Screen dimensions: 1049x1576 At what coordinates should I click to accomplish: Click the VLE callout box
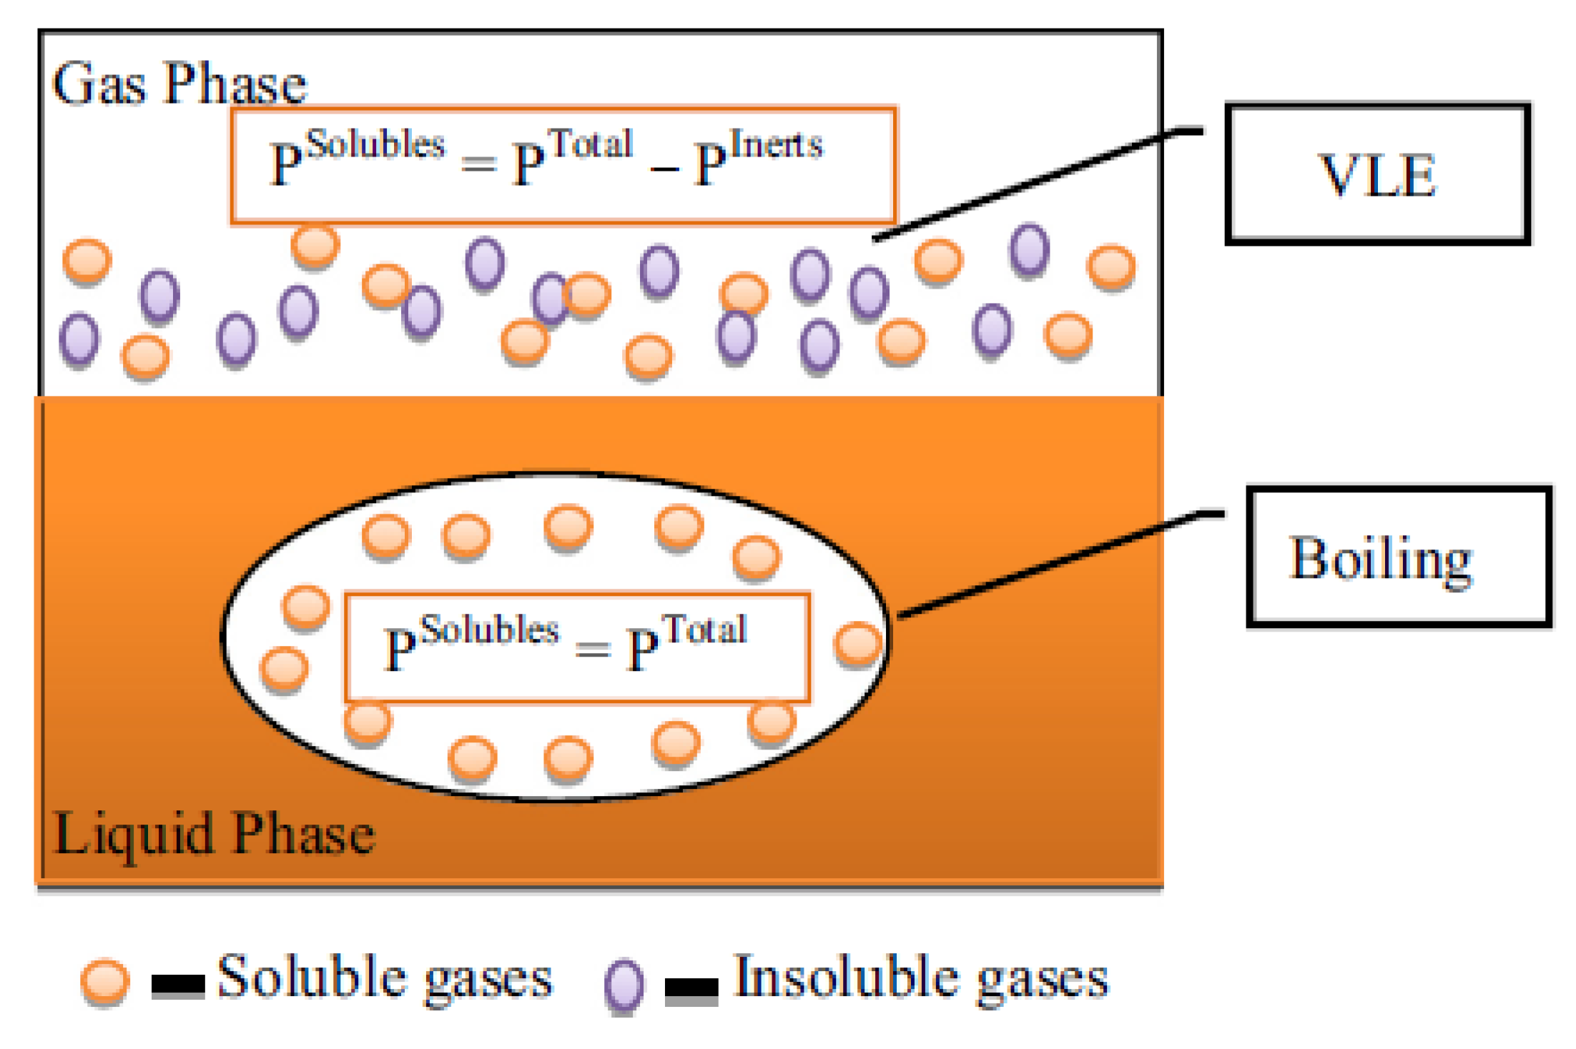(x=1376, y=174)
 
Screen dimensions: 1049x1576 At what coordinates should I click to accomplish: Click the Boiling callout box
(x=1398, y=557)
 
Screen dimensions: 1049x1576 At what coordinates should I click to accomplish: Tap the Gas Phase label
(x=179, y=84)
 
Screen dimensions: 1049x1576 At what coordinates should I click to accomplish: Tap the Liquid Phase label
(x=213, y=833)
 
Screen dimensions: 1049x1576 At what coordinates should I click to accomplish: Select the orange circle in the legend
(x=105, y=981)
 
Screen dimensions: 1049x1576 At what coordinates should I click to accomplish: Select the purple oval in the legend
(x=624, y=985)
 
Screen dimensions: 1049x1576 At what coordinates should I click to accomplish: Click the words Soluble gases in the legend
(x=385, y=977)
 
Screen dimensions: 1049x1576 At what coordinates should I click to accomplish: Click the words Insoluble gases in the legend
(x=921, y=977)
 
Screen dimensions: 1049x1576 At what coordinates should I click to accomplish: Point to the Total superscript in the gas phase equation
(x=593, y=144)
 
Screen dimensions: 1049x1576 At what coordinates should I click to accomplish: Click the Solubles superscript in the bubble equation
(x=490, y=630)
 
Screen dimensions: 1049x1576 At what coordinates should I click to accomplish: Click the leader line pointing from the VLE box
(x=1037, y=183)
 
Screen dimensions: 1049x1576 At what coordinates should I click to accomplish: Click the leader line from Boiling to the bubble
(x=1058, y=565)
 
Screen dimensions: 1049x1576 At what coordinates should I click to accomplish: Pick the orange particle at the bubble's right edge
(x=857, y=643)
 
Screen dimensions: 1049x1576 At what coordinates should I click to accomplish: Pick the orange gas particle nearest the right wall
(x=1110, y=267)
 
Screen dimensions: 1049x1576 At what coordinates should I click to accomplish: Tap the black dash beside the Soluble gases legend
(x=178, y=985)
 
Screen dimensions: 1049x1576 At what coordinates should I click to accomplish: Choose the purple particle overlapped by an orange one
(x=549, y=297)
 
